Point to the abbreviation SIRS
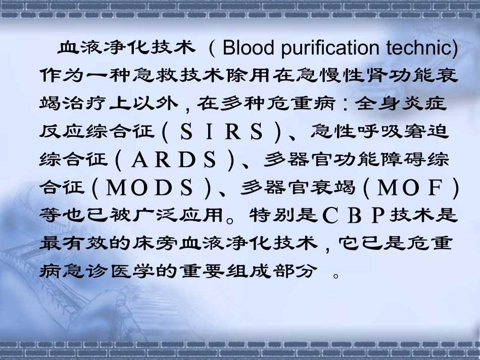click(x=222, y=132)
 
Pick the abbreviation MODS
click(x=152, y=188)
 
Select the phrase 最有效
click(x=72, y=244)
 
